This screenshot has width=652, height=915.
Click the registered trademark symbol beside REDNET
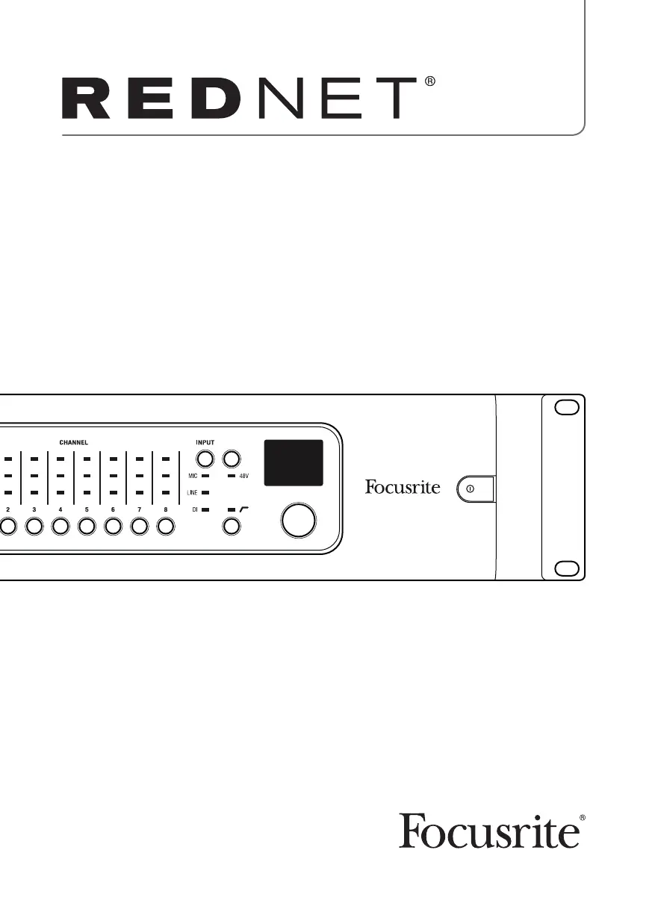[429, 81]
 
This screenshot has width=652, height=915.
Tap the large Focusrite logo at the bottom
[489, 831]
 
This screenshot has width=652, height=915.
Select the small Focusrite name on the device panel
[403, 488]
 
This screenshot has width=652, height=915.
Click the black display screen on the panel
[294, 462]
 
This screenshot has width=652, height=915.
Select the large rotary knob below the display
[298, 520]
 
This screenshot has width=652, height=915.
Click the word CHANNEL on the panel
[73, 442]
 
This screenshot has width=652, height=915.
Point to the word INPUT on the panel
[205, 442]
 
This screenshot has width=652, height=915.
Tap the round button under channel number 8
[165, 527]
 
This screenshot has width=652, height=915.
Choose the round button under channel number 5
[87, 527]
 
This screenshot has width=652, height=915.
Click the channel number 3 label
[34, 509]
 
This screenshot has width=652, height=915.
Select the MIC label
[192, 475]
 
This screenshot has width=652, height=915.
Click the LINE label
[192, 493]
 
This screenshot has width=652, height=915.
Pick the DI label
[193, 509]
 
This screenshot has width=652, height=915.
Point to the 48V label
[244, 475]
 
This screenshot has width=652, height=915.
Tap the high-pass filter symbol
[243, 509]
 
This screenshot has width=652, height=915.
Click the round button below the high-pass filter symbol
[232, 527]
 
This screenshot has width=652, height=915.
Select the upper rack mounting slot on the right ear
[565, 408]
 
